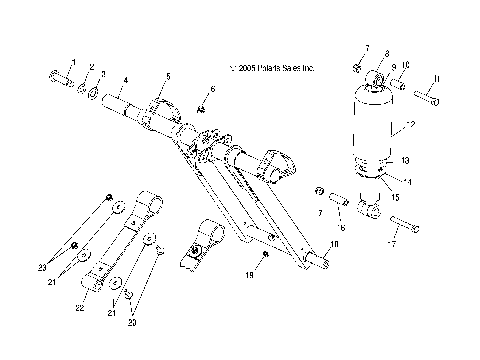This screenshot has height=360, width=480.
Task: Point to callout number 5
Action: (168, 76)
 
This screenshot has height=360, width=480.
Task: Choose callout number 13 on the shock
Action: (405, 160)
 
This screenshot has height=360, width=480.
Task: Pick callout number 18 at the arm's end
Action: (334, 244)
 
